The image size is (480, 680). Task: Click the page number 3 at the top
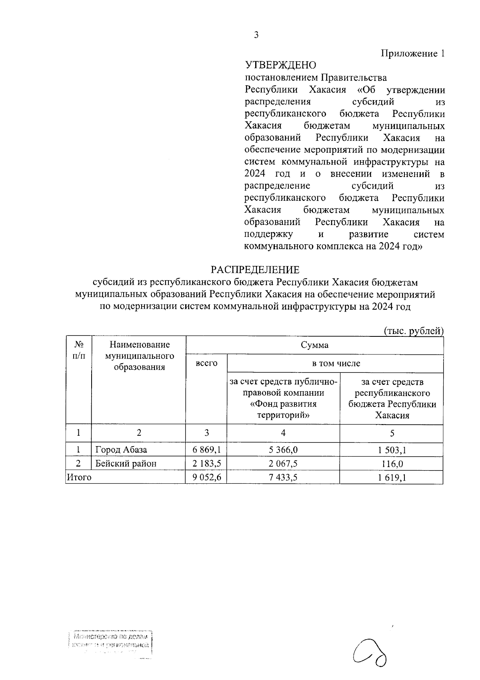click(x=256, y=35)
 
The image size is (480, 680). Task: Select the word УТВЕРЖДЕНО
click(x=280, y=65)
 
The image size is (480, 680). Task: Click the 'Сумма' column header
click(x=315, y=345)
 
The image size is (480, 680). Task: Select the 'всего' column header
click(x=206, y=363)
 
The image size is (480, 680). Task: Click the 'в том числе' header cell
click(x=336, y=364)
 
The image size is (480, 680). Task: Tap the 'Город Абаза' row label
click(x=121, y=450)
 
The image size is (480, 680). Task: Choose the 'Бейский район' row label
click(x=126, y=463)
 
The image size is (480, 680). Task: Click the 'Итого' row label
click(x=79, y=477)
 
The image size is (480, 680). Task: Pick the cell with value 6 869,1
click(x=206, y=450)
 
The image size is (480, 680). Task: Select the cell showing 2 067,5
click(x=283, y=463)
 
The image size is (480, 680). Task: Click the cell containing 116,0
click(x=392, y=463)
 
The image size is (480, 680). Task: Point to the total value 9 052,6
click(x=206, y=477)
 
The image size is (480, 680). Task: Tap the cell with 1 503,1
click(x=392, y=450)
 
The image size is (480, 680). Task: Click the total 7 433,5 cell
click(x=283, y=477)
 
